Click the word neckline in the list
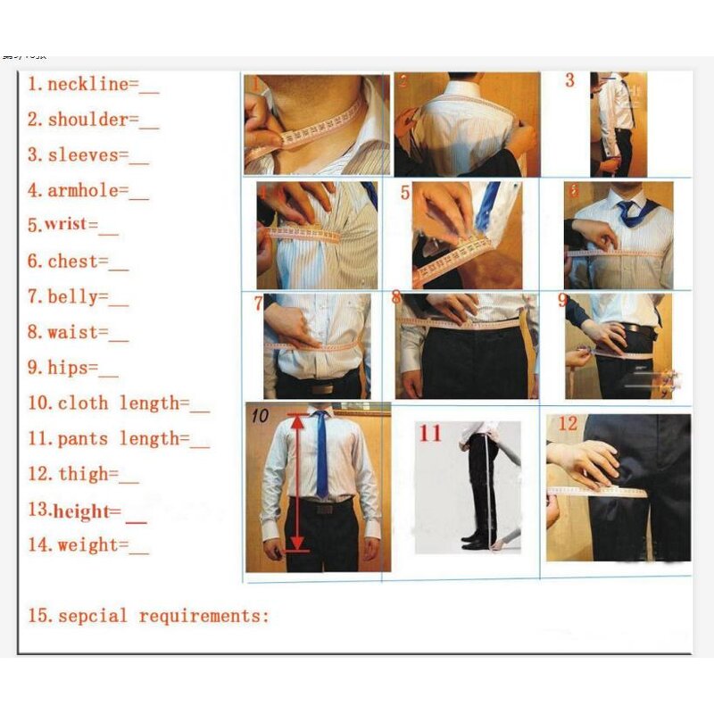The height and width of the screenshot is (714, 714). click(x=87, y=85)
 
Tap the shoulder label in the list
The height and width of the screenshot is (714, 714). click(x=87, y=120)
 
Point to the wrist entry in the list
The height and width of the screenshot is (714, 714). click(x=72, y=225)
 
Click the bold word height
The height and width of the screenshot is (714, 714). click(x=87, y=511)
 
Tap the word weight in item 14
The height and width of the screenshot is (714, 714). click(x=87, y=544)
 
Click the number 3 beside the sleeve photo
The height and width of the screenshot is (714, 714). click(x=570, y=81)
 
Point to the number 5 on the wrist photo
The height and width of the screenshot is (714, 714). click(x=405, y=193)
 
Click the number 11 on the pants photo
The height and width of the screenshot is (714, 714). click(x=430, y=434)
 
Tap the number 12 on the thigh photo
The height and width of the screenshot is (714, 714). click(x=568, y=424)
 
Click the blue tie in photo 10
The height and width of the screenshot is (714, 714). click(x=321, y=455)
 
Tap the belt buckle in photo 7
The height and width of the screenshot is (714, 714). click(x=322, y=387)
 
